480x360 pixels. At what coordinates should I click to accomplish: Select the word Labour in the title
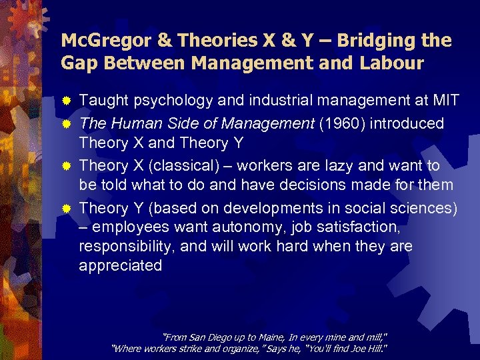(391, 63)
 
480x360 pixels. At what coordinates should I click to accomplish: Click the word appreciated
(121, 265)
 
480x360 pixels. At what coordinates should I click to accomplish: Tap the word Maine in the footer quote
(246, 336)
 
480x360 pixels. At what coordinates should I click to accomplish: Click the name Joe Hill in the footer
(368, 348)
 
